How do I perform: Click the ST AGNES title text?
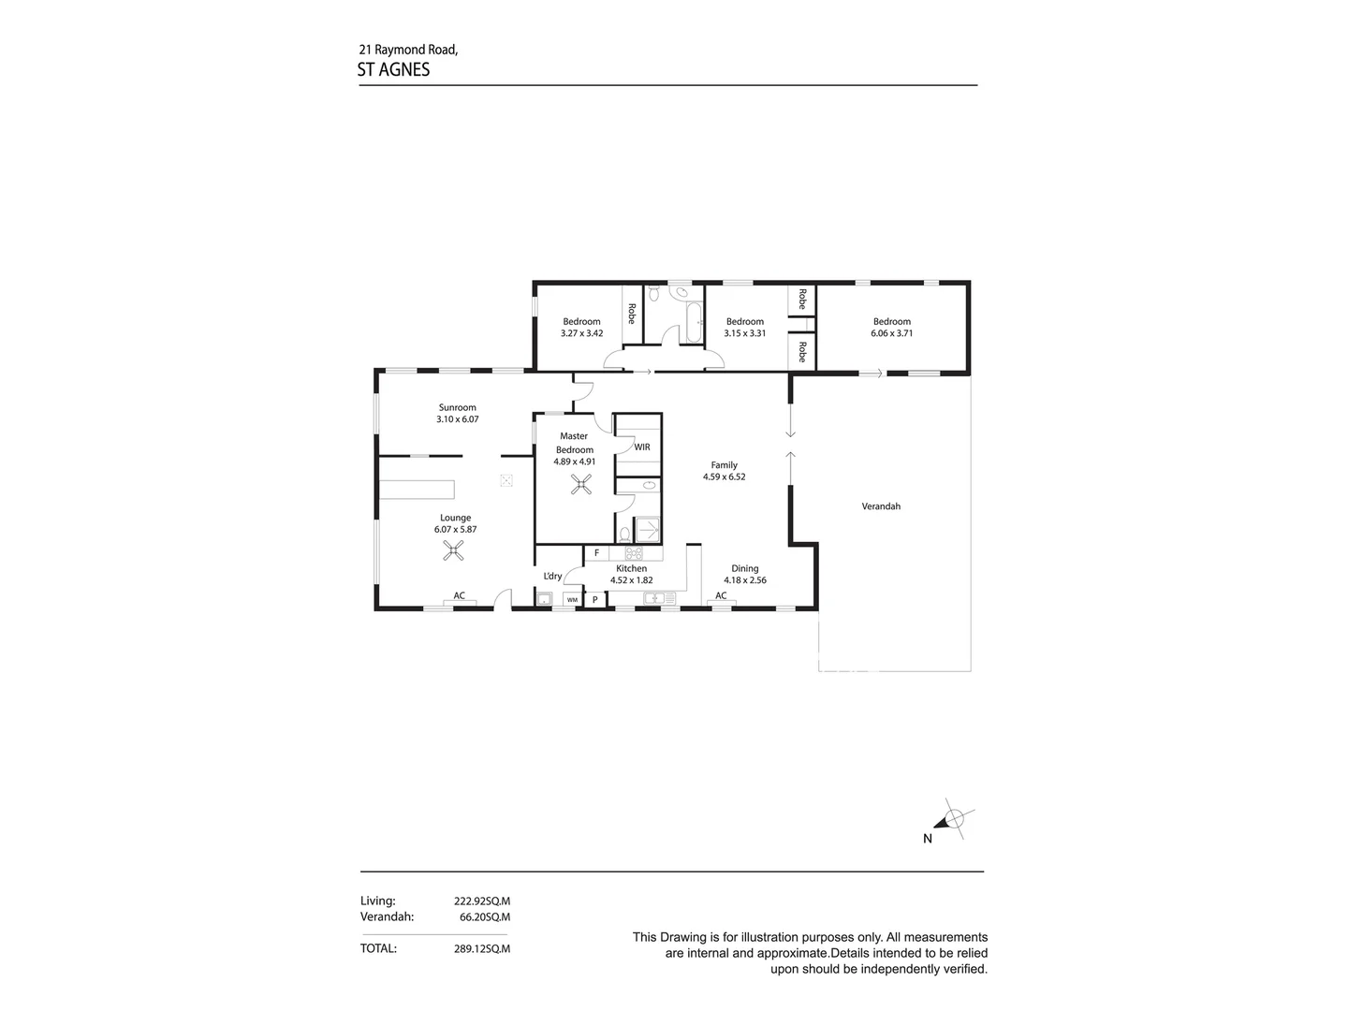point(393,69)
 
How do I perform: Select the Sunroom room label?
point(457,407)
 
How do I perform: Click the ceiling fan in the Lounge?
point(454,549)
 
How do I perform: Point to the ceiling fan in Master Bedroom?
point(581,483)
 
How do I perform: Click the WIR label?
point(642,447)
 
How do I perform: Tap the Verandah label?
point(881,506)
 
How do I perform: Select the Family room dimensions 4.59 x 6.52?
point(724,476)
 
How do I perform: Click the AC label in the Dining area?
point(721,595)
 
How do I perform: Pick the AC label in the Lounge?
point(459,595)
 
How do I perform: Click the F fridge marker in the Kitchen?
point(596,553)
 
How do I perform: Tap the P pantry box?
point(594,599)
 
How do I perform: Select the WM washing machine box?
point(571,600)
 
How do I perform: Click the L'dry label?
point(552,576)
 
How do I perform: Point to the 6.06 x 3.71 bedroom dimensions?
point(891,333)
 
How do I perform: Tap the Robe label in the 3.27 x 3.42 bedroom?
point(632,313)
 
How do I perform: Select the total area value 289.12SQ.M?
point(482,948)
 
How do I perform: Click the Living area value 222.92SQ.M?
point(482,901)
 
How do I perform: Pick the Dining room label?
point(745,568)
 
